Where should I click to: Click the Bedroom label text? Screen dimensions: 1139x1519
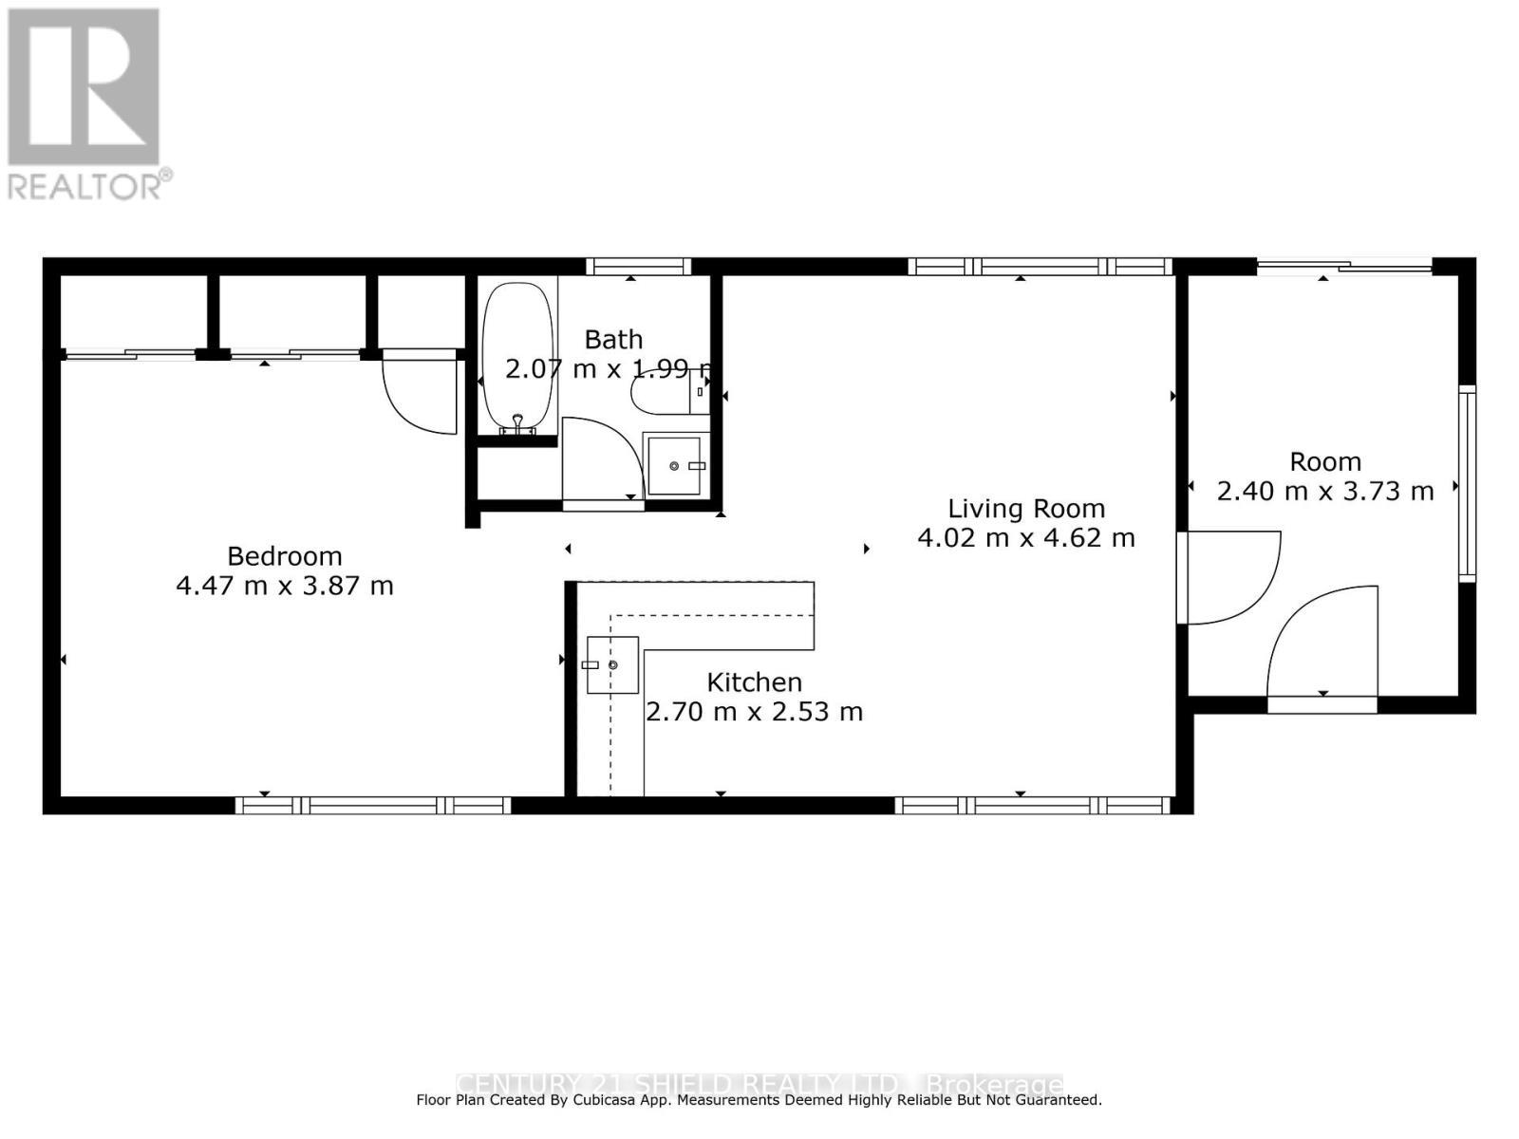[x=284, y=556]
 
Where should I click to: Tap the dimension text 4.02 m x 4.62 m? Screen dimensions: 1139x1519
[x=1025, y=538]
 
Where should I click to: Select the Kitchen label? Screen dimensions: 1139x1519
[x=754, y=682]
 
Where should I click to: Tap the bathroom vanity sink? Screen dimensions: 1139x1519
[x=674, y=466]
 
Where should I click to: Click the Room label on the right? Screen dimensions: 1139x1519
[x=1324, y=462]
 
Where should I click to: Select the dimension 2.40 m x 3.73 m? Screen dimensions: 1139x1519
[x=1324, y=492]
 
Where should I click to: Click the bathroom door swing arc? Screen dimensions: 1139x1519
[x=598, y=460]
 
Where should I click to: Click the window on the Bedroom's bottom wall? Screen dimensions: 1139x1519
[x=372, y=806]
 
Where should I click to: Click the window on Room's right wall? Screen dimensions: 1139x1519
[x=1467, y=484]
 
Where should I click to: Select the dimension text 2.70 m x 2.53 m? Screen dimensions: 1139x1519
[x=754, y=712]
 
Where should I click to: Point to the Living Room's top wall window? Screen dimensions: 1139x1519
[x=1040, y=267]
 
